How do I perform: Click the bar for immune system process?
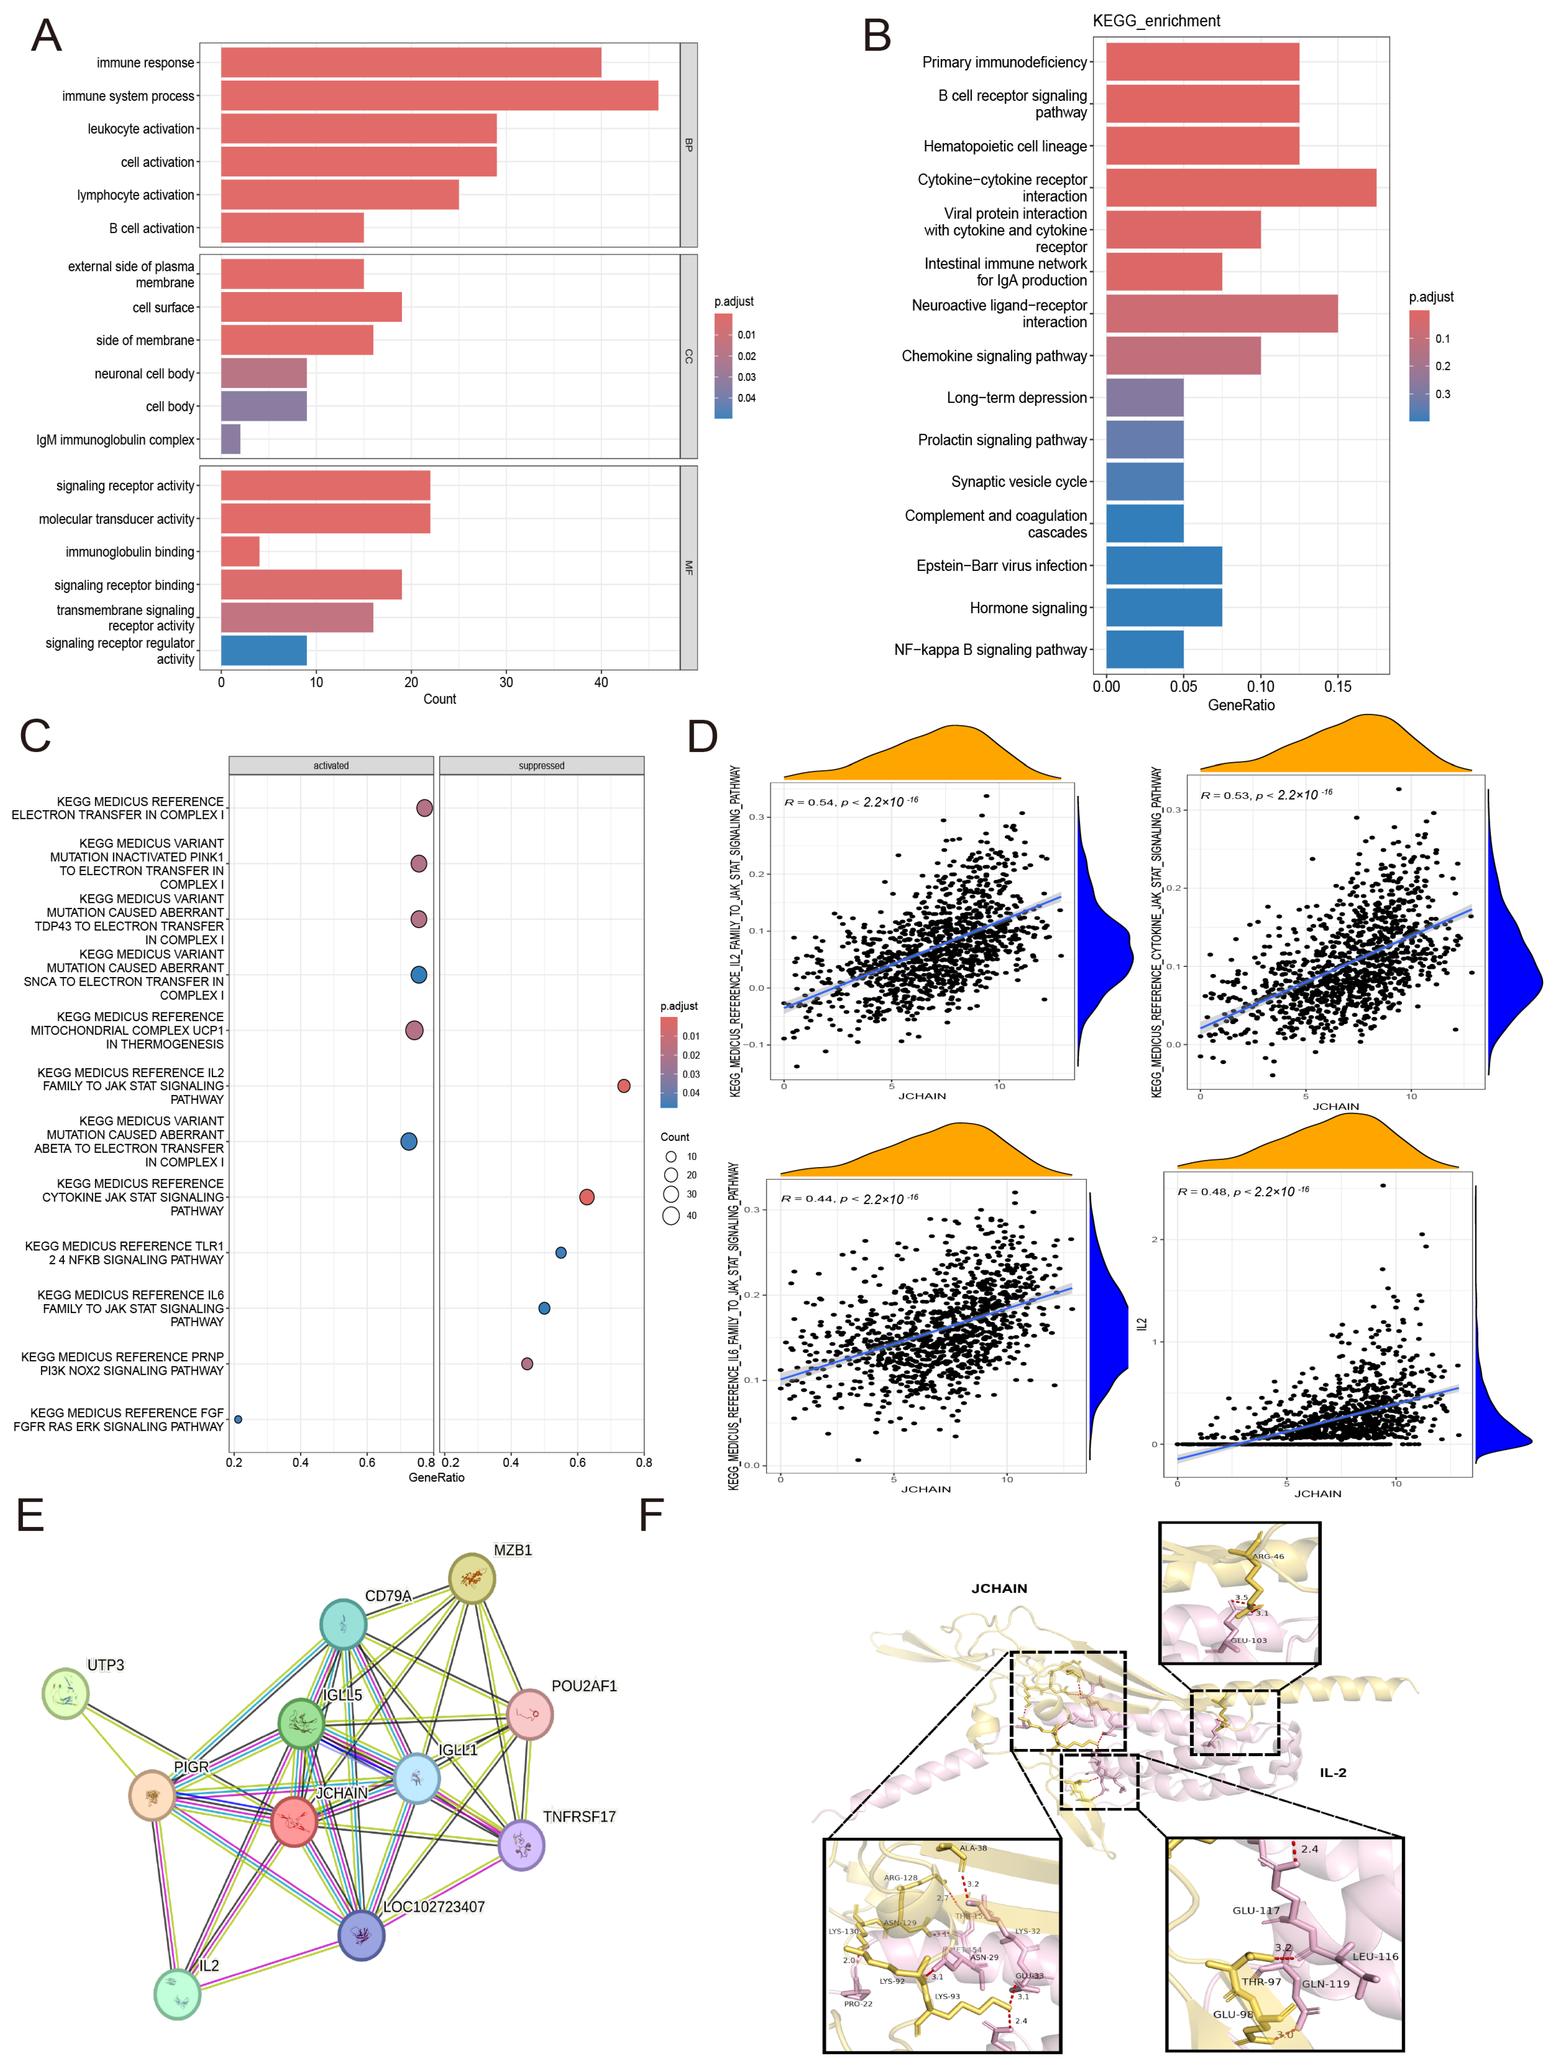tap(439, 95)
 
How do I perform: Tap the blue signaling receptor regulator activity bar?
tap(263, 650)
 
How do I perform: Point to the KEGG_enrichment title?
tap(1156, 21)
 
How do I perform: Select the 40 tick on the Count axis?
tap(601, 682)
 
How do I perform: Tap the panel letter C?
tap(35, 736)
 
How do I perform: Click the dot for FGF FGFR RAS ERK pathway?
tap(238, 1419)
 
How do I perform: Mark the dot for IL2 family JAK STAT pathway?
tap(623, 1086)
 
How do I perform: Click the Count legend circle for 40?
tap(671, 1216)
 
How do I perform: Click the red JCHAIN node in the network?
tap(294, 1821)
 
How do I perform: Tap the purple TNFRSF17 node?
tap(521, 1846)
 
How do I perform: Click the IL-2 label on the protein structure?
tap(1333, 1773)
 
